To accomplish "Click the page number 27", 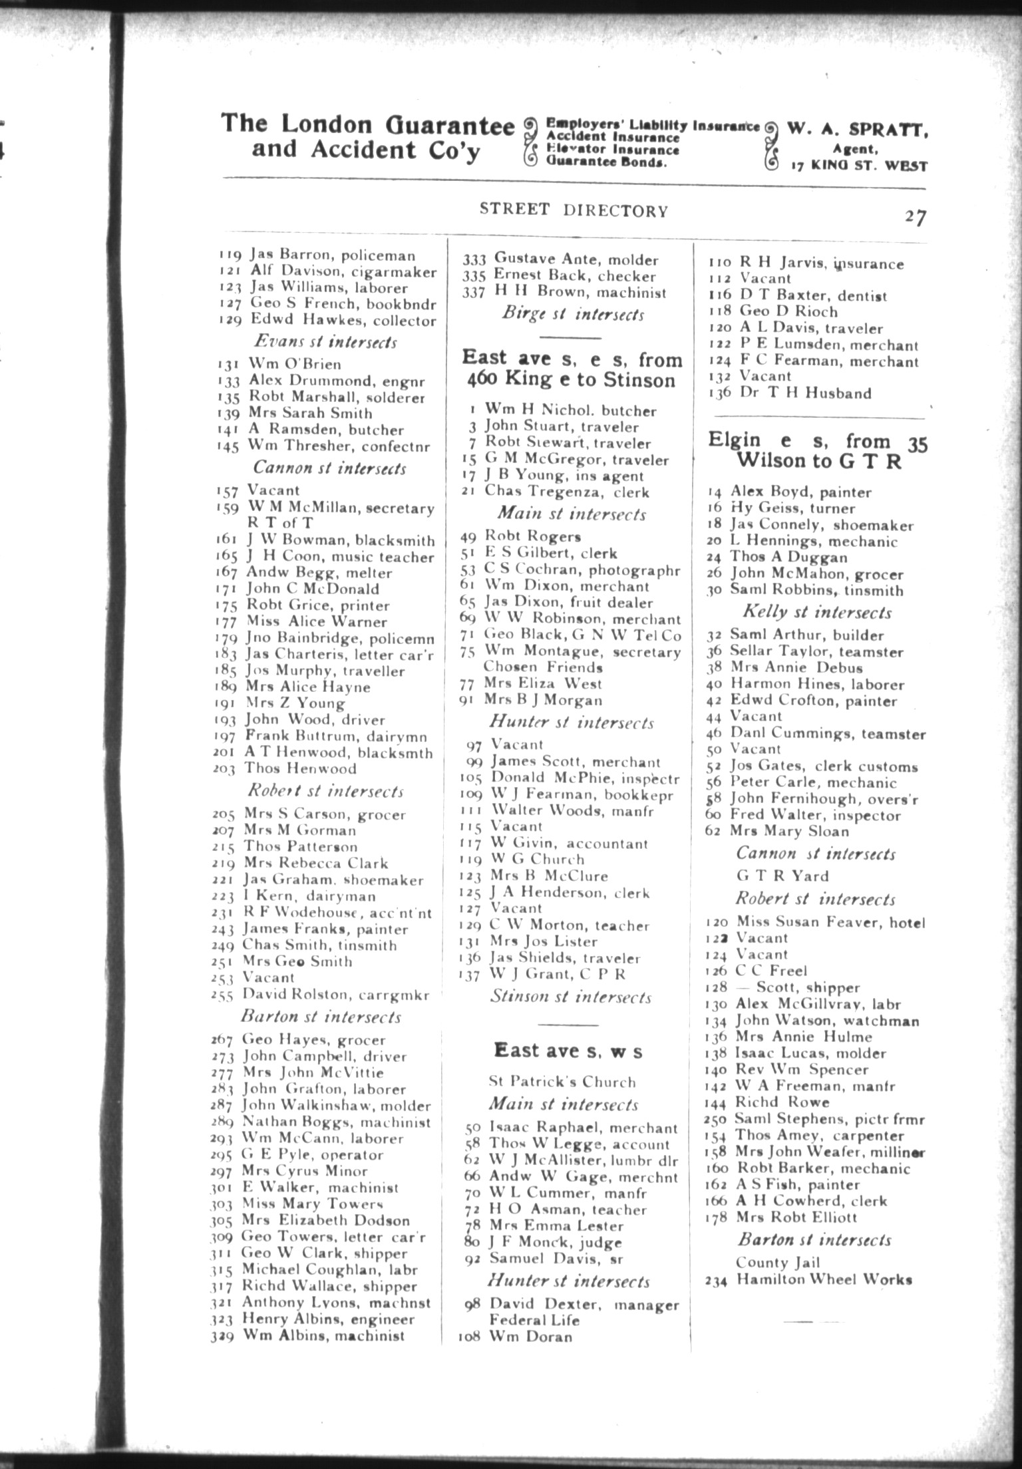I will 914,217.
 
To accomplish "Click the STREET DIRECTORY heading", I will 574,210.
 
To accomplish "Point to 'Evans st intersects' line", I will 325,342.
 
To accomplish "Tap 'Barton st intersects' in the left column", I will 321,1017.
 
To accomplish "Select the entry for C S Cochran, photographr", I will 570,570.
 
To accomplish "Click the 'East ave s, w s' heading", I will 568,1051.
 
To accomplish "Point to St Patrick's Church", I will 562,1082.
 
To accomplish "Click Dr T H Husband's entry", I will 790,393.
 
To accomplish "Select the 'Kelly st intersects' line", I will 816,612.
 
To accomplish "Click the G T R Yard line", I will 782,876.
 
